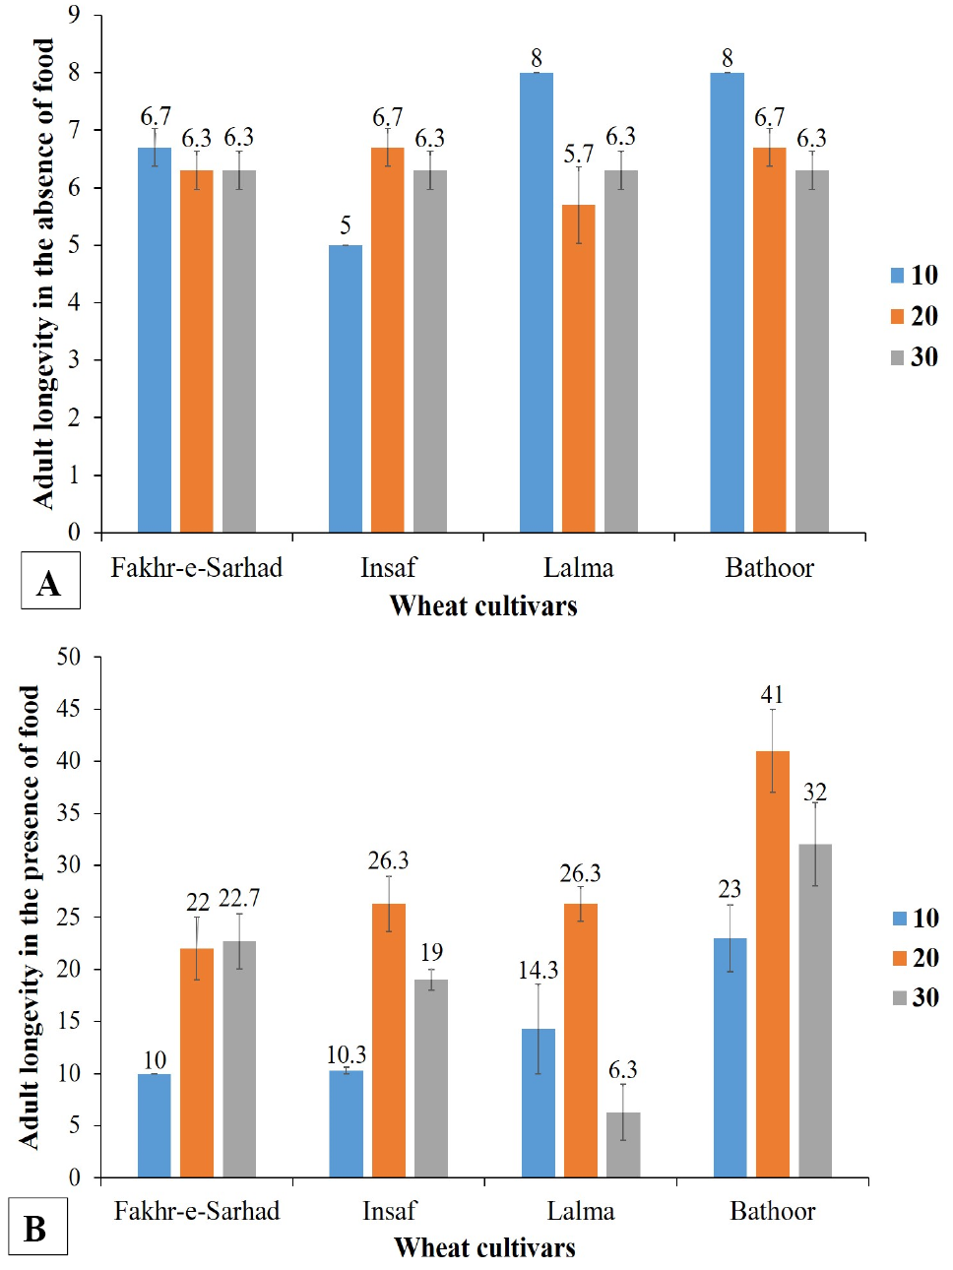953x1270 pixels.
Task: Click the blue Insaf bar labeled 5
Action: click(346, 389)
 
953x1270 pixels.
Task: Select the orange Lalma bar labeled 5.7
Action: click(579, 368)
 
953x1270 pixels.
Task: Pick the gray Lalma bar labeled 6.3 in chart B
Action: click(623, 1145)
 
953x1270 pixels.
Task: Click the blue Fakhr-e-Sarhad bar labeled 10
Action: click(155, 1126)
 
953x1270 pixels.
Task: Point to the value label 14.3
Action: click(539, 971)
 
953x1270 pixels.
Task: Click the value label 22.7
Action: click(239, 898)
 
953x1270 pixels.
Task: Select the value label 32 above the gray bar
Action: click(815, 792)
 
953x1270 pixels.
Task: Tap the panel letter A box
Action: click(50, 580)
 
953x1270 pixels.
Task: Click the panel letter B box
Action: click(37, 1230)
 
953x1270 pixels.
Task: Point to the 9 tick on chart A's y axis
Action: click(74, 16)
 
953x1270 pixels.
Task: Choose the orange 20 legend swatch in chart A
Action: click(897, 316)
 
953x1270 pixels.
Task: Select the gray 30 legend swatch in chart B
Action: click(899, 997)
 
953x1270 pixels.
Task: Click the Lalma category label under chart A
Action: click(579, 568)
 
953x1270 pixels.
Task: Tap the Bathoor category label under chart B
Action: click(773, 1211)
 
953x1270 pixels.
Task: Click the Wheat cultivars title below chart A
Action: click(483, 606)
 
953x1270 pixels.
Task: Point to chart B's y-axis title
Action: click(29, 917)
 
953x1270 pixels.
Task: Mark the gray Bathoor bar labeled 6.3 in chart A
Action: click(812, 351)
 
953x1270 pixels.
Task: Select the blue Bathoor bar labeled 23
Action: click(730, 1058)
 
